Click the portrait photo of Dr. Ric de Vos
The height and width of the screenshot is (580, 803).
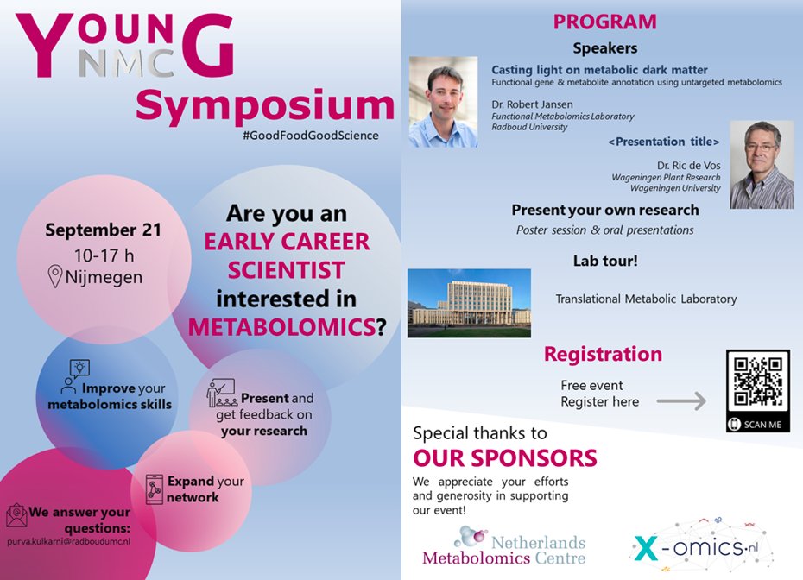761,164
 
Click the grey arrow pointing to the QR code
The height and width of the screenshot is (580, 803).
681,401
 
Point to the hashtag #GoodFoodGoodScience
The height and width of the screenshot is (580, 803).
312,136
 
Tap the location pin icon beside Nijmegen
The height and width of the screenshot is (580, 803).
56,276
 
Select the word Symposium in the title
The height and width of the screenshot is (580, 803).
264,105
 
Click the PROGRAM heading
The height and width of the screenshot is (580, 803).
604,22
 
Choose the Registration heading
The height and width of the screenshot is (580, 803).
603,354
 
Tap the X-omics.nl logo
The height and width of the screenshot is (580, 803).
700,547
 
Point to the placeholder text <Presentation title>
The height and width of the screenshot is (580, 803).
663,142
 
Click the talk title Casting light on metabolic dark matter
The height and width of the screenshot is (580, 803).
599,70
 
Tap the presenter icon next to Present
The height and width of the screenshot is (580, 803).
221,394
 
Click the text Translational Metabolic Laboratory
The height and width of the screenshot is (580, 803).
646,299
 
